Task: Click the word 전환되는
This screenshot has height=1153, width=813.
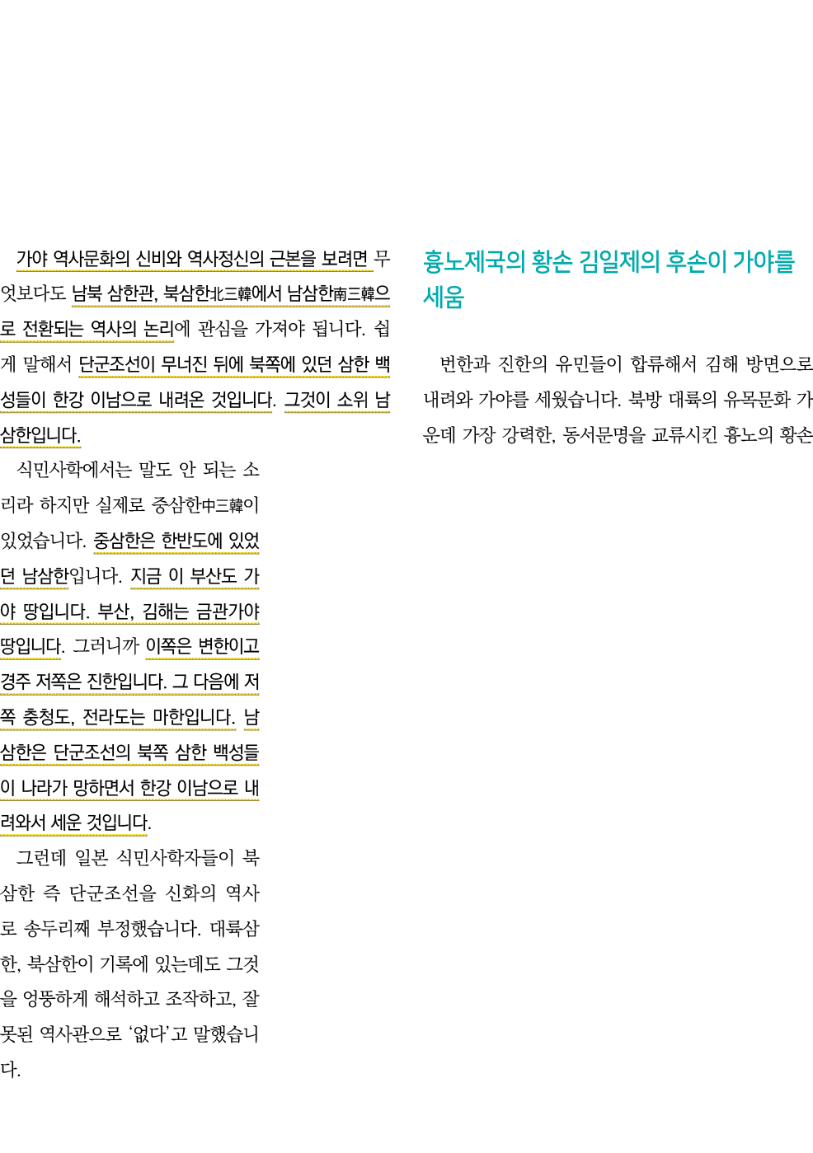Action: click(53, 329)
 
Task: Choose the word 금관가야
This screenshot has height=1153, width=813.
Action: click(227, 612)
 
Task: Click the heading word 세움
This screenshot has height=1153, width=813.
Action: click(444, 298)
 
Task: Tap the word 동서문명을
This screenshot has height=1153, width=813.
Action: click(604, 435)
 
